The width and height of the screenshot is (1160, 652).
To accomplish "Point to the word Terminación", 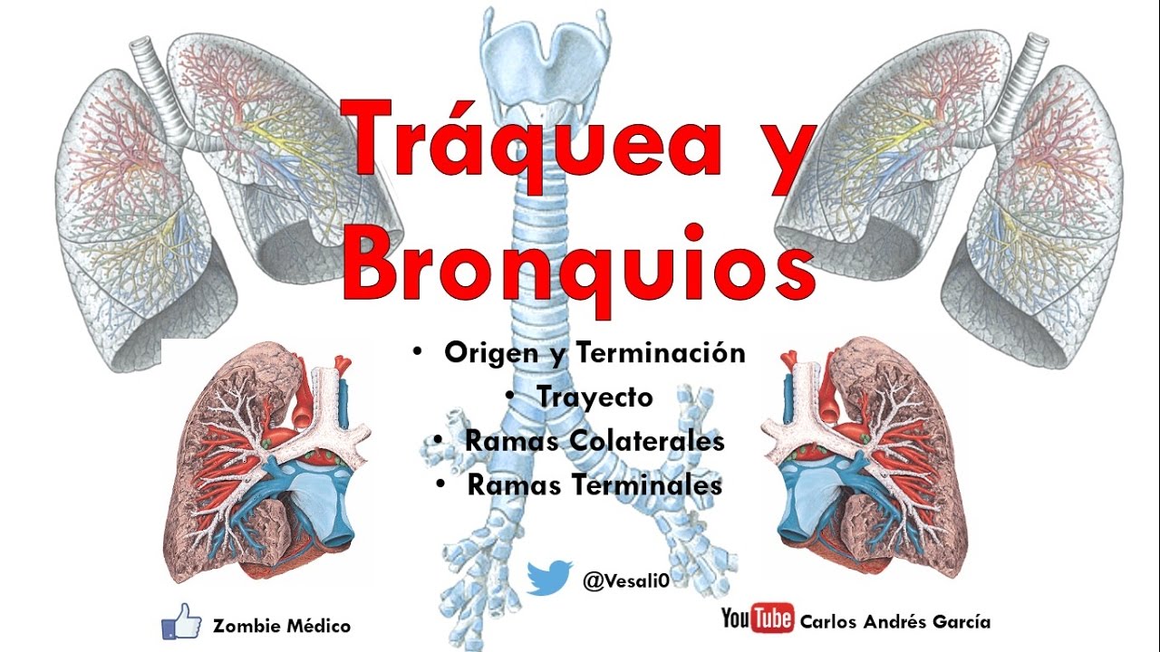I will tap(660, 352).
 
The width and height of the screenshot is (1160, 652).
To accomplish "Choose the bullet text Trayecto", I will tap(594, 397).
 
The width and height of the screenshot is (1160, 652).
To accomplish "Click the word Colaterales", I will tap(645, 441).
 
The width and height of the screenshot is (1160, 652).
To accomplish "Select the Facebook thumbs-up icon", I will tap(181, 622).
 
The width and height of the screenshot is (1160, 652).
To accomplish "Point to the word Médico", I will tap(317, 626).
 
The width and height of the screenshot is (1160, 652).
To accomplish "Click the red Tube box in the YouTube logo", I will tap(773, 619).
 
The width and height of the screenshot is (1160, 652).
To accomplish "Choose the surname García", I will tap(961, 621).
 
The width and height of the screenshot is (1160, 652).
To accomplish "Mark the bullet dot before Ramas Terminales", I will tap(440, 484).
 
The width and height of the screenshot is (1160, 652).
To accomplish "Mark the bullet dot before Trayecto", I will tap(512, 396).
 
